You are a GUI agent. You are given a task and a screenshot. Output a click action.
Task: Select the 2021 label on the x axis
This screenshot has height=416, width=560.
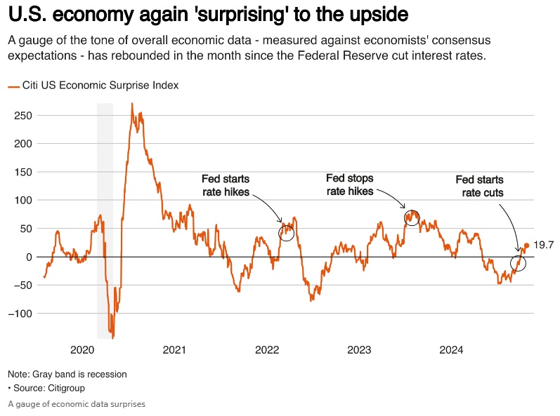point(174,350)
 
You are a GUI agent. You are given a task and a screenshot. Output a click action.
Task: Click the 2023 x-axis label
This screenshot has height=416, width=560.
point(359,350)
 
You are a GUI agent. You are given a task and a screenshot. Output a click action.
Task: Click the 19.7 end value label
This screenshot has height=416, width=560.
point(544,245)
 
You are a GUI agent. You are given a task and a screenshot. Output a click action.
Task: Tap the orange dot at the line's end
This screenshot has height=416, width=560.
point(527,246)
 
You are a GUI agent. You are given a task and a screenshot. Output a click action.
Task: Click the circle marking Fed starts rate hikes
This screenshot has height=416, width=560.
point(286,233)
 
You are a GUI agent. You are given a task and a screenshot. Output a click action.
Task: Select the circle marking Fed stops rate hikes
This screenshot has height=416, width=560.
point(412,217)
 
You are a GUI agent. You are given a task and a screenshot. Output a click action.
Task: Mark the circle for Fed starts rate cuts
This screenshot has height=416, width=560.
point(518,264)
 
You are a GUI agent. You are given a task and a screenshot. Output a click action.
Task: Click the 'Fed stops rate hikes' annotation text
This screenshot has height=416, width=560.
point(350,185)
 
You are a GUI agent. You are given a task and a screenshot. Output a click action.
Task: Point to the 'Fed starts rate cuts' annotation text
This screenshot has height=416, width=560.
point(479,187)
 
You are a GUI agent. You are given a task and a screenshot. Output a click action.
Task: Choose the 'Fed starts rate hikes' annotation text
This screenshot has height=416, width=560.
point(226,185)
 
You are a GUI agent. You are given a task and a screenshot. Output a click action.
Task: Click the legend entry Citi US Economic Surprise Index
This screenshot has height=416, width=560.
point(100,85)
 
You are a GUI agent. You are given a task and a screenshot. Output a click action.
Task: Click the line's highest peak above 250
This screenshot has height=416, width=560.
point(131,105)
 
